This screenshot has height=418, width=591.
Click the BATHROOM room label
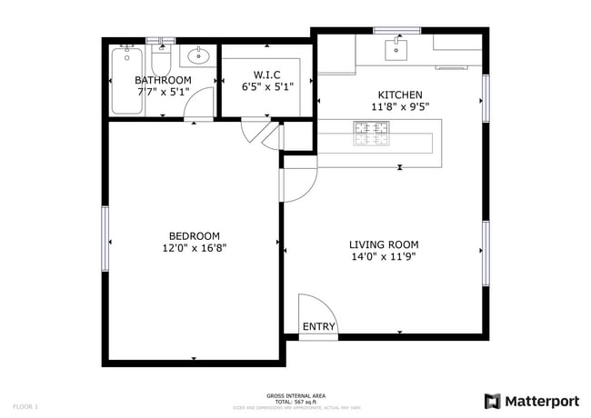[164, 80]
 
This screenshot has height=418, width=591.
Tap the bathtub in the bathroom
[125, 82]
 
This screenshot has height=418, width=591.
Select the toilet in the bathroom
[163, 61]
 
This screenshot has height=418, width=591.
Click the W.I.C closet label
[267, 75]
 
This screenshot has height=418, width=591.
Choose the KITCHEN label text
[400, 95]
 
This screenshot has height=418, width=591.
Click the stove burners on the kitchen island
[372, 134]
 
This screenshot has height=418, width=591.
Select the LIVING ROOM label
[384, 244]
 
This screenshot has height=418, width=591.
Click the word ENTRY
[318, 327]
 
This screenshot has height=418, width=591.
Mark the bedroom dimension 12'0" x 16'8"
[194, 247]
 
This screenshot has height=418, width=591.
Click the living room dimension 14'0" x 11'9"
[384, 255]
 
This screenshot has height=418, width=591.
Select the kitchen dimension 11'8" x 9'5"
[400, 106]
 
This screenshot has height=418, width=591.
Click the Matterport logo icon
[492, 401]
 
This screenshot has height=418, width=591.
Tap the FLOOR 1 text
[25, 405]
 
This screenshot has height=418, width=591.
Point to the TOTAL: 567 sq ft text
[295, 401]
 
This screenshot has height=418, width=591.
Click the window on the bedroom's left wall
[105, 237]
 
